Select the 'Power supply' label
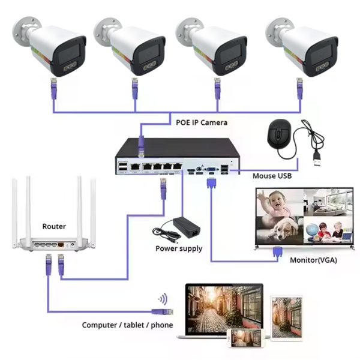tap(179, 248)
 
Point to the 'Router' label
tap(54, 226)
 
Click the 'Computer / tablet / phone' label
tap(127, 325)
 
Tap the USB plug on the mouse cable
tap(317, 160)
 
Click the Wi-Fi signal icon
tap(162, 298)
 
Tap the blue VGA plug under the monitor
tap(278, 253)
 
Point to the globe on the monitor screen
tap(312, 230)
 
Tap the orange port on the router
tap(62, 245)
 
